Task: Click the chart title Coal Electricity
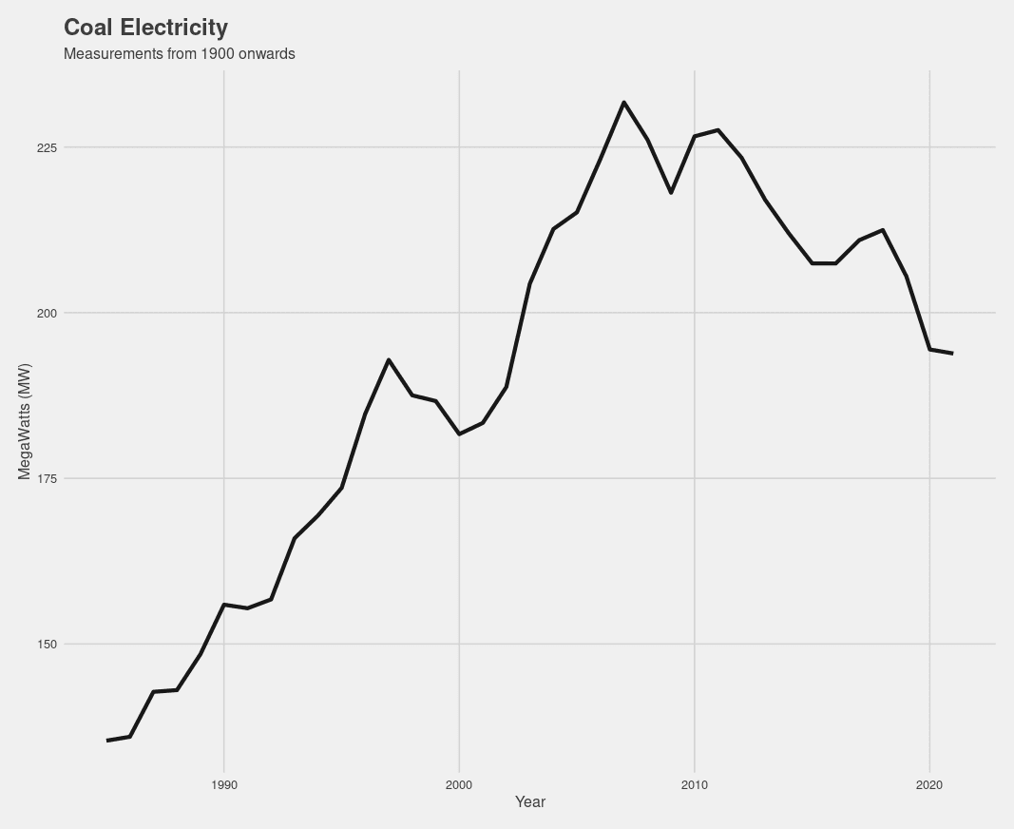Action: (145, 28)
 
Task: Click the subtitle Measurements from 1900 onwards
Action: (179, 54)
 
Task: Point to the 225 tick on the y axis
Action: (47, 147)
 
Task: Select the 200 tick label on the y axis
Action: (47, 313)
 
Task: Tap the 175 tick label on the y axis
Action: (47, 478)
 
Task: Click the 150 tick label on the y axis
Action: (47, 644)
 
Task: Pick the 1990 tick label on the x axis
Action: (224, 784)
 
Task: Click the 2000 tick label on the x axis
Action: (459, 784)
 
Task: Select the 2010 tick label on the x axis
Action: (695, 784)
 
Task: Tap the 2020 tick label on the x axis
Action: (929, 784)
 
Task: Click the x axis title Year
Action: (529, 802)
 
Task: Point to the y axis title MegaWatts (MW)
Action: (26, 421)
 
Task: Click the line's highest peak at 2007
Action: (623, 102)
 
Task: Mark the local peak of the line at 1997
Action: (389, 359)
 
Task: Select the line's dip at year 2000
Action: (459, 434)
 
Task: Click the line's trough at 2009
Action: (671, 193)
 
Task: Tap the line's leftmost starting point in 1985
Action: (106, 741)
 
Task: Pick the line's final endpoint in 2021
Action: (952, 354)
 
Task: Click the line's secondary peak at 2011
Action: (717, 129)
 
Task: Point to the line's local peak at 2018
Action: (883, 230)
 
